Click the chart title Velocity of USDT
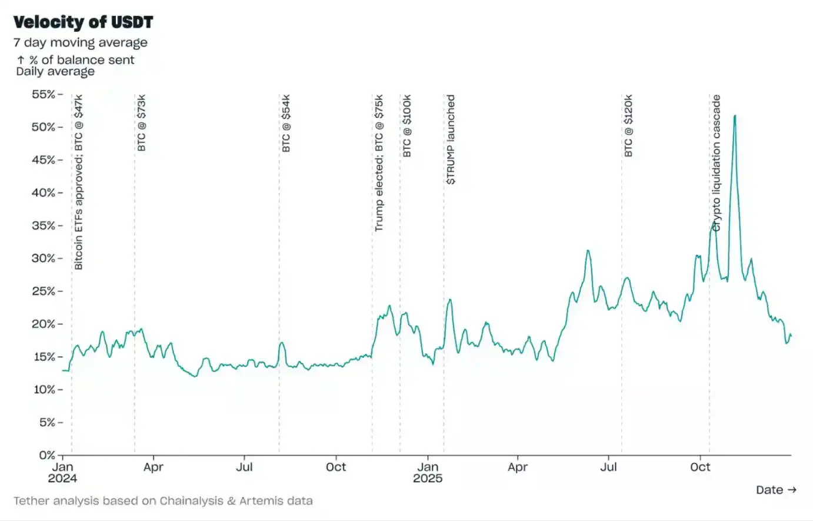tap(83, 22)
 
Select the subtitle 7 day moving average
tap(81, 42)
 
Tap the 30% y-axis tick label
tap(44, 258)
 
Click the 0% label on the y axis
tap(47, 455)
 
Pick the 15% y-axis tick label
tap(44, 357)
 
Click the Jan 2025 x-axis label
tap(428, 472)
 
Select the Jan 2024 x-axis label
tap(62, 472)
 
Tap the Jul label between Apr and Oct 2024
tap(244, 467)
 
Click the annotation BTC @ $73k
tap(142, 123)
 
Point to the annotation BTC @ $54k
tap(286, 123)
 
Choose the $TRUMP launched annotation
tap(451, 140)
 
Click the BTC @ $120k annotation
tap(628, 126)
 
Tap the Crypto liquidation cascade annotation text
tap(716, 163)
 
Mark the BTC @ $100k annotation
tap(407, 126)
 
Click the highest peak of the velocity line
tap(735, 115)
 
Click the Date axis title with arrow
tap(776, 490)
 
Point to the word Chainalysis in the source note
tap(191, 501)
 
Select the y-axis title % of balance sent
tap(75, 60)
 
